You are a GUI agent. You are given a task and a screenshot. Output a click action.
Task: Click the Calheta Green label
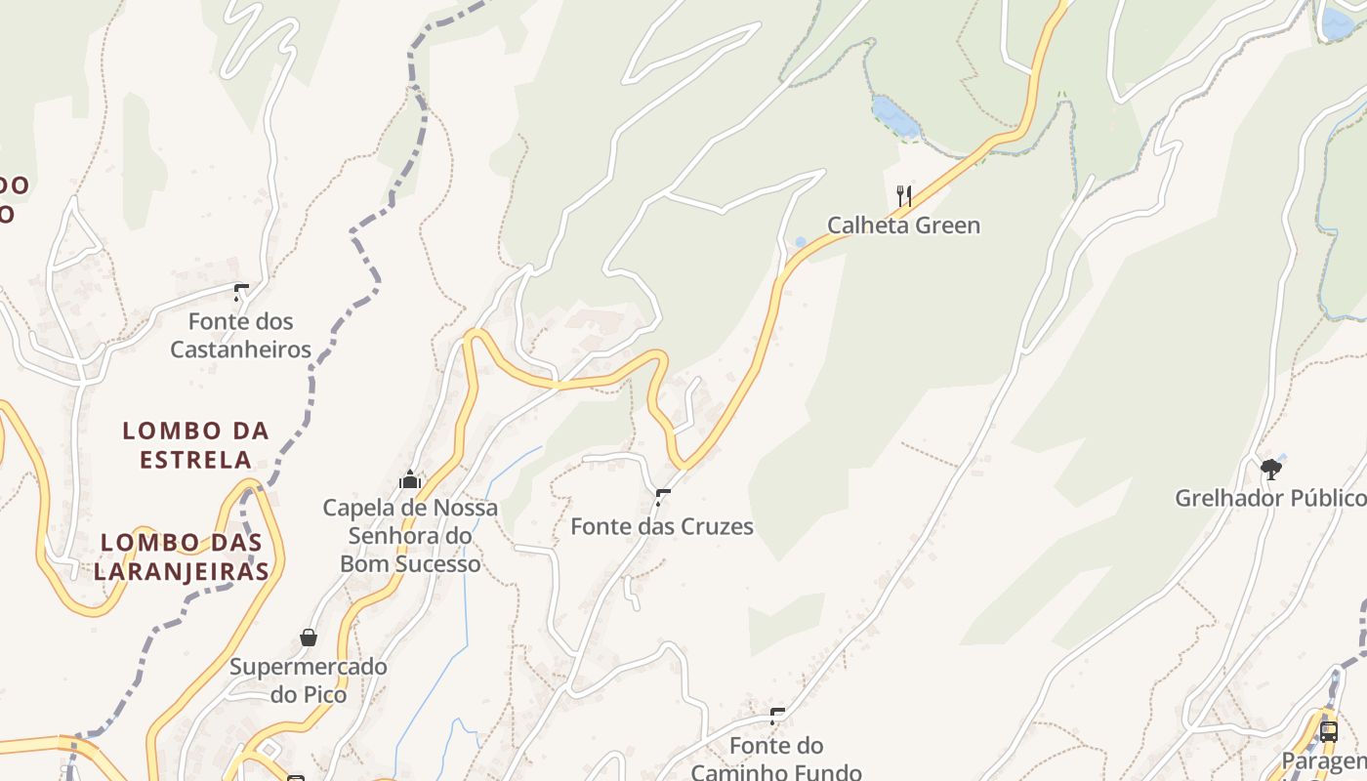(903, 226)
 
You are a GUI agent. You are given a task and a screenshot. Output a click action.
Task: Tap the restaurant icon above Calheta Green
(904, 196)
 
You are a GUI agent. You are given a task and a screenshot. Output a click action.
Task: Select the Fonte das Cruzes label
(662, 526)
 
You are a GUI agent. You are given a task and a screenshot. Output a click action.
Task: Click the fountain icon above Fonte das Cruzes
(664, 497)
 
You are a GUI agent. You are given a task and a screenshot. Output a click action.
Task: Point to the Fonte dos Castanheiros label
(240, 335)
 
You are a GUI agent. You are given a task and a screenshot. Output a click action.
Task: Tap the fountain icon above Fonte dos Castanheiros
(241, 292)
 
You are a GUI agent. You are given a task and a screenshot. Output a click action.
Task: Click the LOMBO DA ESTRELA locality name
(196, 444)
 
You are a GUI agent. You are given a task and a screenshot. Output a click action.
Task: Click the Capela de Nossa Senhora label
(410, 521)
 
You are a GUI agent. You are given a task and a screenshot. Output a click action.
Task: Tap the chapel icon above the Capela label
(410, 479)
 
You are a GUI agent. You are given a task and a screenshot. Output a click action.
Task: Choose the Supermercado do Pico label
(309, 680)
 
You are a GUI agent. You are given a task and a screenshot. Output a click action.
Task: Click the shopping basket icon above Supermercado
(309, 637)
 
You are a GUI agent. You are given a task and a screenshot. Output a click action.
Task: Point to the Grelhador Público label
(1269, 499)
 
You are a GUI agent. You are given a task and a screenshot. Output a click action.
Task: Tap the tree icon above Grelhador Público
(1270, 470)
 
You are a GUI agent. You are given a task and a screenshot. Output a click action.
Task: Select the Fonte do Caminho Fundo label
(776, 759)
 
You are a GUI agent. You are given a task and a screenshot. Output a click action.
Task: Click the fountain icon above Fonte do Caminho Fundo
(777, 717)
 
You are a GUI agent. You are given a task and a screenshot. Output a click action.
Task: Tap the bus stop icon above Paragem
(1328, 731)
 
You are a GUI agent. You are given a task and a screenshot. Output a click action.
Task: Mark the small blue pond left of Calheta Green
(801, 241)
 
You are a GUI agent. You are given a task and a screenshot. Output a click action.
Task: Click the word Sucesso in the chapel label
(439, 563)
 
